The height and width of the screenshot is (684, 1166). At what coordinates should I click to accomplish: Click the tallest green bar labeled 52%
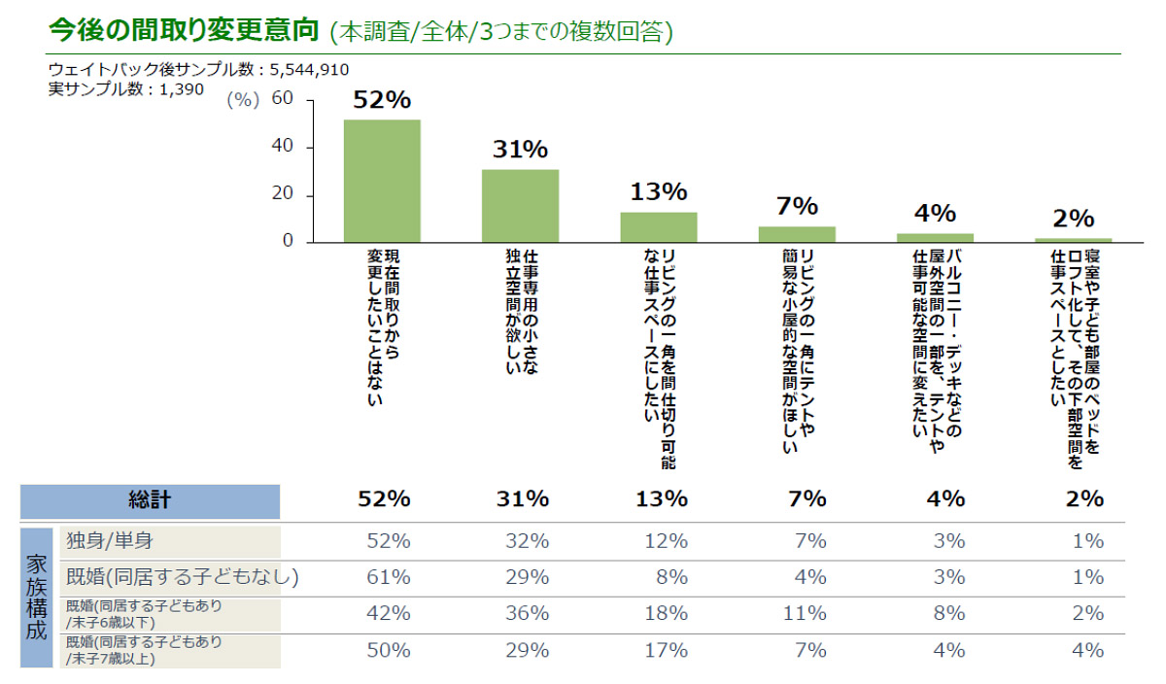[x=382, y=181]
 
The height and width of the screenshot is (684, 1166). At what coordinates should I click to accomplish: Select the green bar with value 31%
[x=520, y=206]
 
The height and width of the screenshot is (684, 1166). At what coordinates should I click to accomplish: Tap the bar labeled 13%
[x=659, y=227]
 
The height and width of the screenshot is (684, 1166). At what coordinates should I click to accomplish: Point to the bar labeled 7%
[x=797, y=234]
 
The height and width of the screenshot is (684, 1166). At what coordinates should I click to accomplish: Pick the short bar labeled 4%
[x=935, y=237]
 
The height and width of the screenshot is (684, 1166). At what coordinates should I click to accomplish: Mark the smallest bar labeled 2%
[x=1073, y=239]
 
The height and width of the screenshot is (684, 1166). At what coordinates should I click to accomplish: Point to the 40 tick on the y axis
[x=283, y=147]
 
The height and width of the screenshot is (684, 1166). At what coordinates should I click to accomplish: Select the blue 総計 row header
[x=150, y=500]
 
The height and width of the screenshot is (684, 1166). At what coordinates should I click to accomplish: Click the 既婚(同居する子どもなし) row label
[x=181, y=577]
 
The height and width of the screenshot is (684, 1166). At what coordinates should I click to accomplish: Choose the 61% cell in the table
[x=388, y=577]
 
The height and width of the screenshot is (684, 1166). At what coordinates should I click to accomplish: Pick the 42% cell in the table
[x=388, y=613]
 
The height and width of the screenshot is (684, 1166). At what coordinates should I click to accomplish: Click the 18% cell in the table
[x=665, y=613]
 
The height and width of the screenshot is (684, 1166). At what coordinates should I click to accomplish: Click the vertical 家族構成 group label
[x=36, y=597]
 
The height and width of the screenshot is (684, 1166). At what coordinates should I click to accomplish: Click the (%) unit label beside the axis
[x=243, y=100]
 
